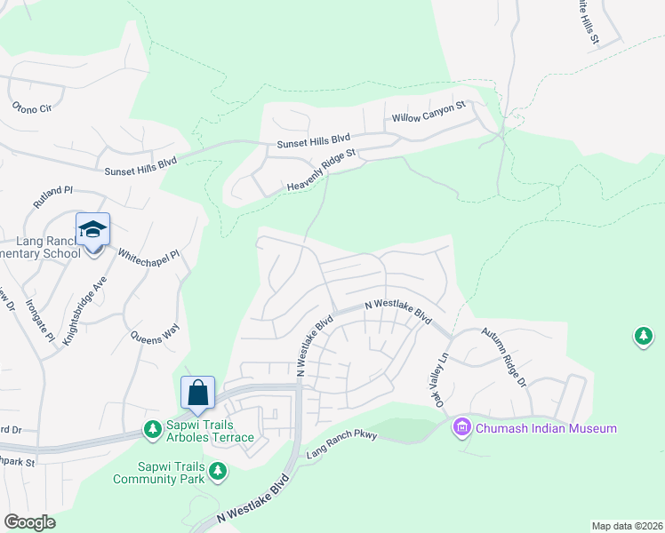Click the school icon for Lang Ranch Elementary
click(x=92, y=230)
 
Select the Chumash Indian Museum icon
click(x=461, y=428)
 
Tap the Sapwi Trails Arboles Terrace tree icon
click(x=153, y=430)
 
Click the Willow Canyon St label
click(x=429, y=111)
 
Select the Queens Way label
click(x=155, y=333)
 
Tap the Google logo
click(x=29, y=522)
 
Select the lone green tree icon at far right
click(x=643, y=337)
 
